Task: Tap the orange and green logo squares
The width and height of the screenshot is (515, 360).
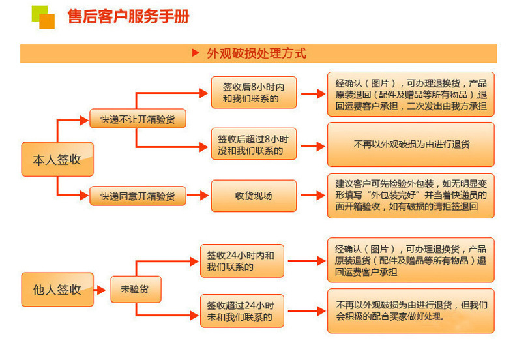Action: coord(43,17)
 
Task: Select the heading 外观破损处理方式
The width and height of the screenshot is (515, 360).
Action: coord(256,53)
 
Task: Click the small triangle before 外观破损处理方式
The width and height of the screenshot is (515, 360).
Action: coord(195,53)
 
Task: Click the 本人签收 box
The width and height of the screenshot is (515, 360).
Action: coord(57,159)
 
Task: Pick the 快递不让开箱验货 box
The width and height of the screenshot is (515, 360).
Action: coord(137,119)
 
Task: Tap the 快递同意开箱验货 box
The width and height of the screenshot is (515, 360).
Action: coord(137,196)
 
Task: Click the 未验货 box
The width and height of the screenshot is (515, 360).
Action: coord(134,289)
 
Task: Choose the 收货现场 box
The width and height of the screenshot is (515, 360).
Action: coord(254,196)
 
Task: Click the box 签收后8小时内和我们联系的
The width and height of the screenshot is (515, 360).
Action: coord(254,93)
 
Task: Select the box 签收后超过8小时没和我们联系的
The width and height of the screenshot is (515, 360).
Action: coord(254,144)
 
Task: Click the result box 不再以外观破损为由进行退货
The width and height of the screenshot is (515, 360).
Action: coord(411,144)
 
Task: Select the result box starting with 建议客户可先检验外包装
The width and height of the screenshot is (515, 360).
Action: coord(411,195)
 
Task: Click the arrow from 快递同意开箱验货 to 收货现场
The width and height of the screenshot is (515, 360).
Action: coord(198,196)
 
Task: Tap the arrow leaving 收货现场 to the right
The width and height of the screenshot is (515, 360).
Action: coord(312,196)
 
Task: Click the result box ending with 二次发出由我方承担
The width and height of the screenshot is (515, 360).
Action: coord(411,94)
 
